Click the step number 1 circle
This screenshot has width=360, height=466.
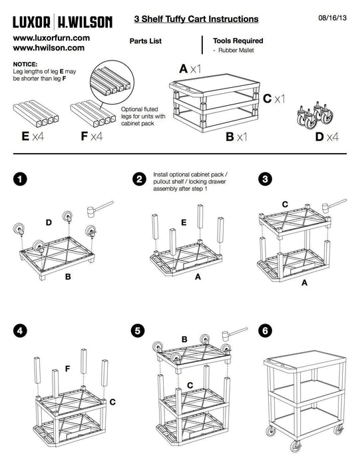tap(20, 179)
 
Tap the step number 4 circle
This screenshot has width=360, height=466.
tap(20, 330)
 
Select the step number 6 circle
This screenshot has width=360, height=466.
tap(266, 330)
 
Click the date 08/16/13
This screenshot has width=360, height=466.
tap(332, 18)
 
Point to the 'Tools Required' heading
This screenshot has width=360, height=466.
tap(238, 41)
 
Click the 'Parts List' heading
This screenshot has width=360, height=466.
tap(146, 41)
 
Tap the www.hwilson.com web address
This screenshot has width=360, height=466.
tap(49, 48)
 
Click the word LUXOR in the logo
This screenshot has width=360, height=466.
tap(31, 22)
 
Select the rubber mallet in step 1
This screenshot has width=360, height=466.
tap(100, 208)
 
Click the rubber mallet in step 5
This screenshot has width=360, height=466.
tap(235, 334)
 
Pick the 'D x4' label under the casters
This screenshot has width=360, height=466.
tap(327, 136)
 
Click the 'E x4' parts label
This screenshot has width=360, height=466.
tap(33, 136)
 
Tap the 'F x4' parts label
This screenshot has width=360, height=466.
tap(92, 136)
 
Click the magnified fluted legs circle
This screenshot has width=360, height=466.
tap(112, 83)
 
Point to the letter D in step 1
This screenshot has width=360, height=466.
tap(49, 222)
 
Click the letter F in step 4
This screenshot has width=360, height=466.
tap(67, 369)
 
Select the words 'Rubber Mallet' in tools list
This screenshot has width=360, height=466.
tap(236, 51)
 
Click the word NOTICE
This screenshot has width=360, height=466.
tap(25, 64)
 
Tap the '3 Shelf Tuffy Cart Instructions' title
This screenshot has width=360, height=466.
tap(196, 19)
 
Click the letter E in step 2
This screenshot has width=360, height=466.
tap(184, 222)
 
